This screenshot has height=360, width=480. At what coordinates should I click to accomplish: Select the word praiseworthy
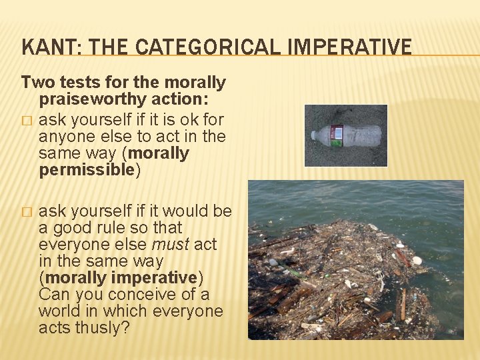tap(89, 100)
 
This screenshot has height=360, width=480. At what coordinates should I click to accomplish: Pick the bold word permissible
tap(87, 170)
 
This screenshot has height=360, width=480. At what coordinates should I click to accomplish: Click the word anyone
tap(63, 137)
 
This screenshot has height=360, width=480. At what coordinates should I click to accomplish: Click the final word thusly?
tap(111, 327)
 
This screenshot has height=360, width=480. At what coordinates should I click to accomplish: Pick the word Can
tap(54, 294)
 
